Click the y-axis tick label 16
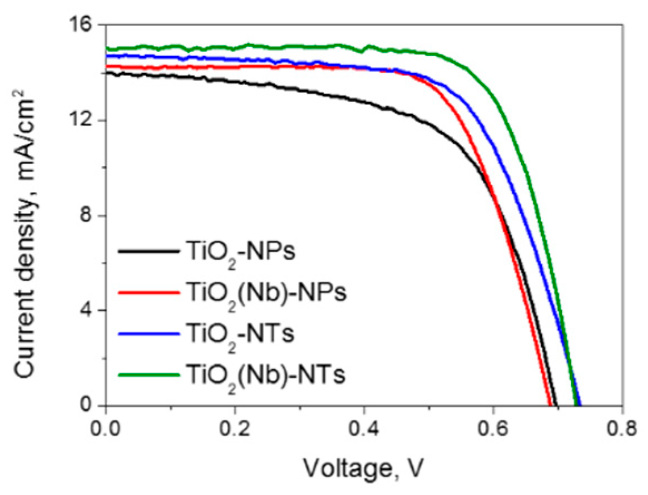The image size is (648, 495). coord(82,26)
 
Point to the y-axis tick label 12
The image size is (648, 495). coord(82,121)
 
